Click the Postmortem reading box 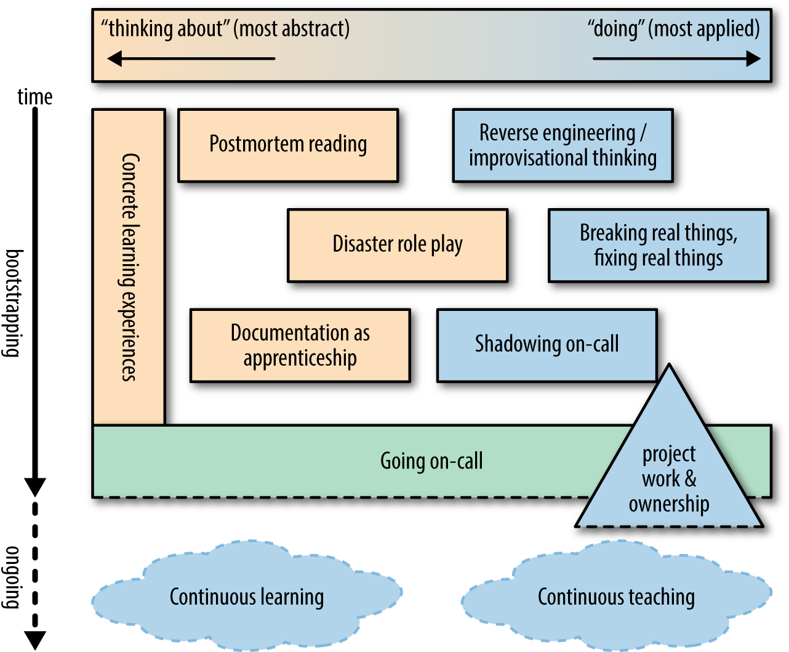click(288, 145)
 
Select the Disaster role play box click(398, 245)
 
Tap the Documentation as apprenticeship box click(300, 345)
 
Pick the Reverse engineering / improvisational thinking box click(563, 145)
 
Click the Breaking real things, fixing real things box click(658, 245)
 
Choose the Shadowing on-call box click(547, 345)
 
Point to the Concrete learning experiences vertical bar click(129, 267)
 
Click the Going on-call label click(431, 461)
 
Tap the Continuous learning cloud click(247, 597)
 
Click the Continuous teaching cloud click(616, 597)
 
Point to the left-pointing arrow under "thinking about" click(191, 59)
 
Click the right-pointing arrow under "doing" click(676, 59)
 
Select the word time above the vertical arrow click(35, 97)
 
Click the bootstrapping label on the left click(14, 303)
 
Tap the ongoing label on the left click(14, 577)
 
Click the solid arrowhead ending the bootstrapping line click(35, 486)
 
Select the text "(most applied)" click(703, 28)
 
